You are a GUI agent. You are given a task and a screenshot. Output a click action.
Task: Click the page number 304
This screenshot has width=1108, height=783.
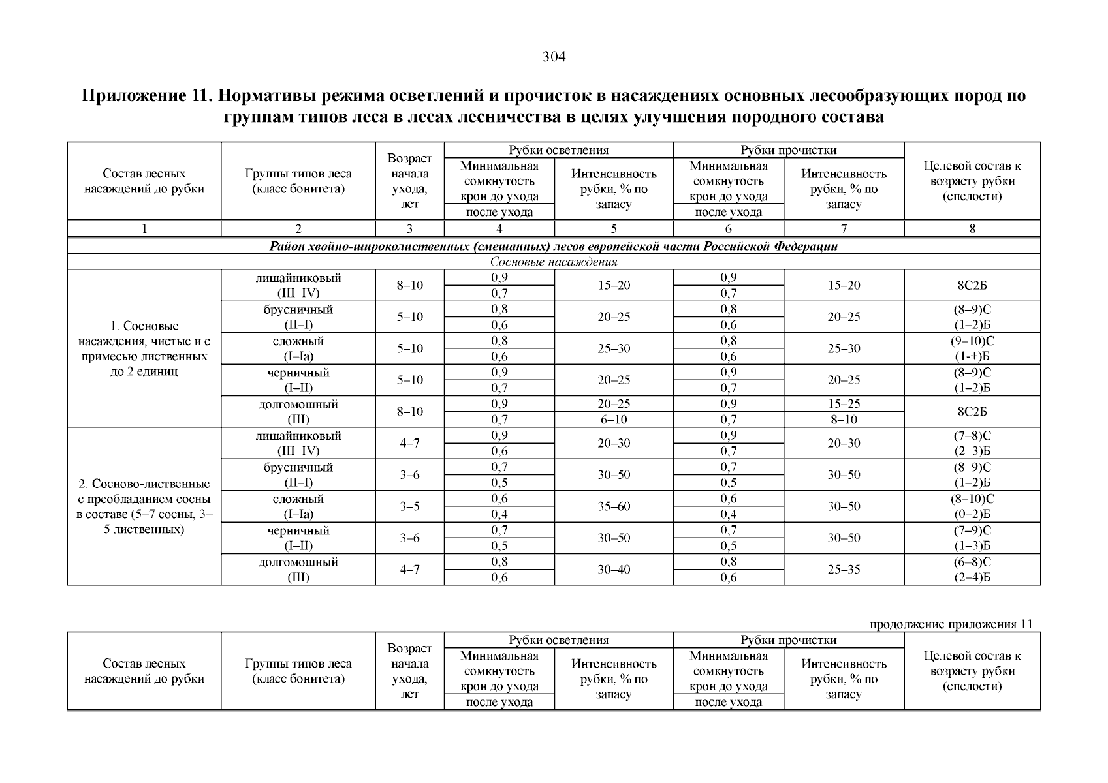click(x=554, y=57)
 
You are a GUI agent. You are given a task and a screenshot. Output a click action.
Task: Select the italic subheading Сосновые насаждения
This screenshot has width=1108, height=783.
click(x=554, y=262)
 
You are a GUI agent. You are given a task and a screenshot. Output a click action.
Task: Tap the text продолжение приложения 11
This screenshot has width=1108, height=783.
click(x=951, y=624)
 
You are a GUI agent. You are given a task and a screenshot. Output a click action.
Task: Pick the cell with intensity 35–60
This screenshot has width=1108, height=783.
click(x=614, y=506)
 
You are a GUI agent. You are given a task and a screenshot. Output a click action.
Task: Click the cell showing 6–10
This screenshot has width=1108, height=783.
click(x=614, y=420)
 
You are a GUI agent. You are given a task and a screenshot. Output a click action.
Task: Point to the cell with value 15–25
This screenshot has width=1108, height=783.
click(x=844, y=404)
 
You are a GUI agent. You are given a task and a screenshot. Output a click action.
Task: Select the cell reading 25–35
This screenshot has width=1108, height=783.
click(x=844, y=570)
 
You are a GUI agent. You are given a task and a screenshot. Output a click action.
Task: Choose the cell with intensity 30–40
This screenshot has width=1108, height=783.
click(x=614, y=570)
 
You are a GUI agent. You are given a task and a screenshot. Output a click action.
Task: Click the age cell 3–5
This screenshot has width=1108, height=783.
click(x=409, y=506)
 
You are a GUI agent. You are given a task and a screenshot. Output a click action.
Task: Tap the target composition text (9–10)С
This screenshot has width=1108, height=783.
click(x=972, y=341)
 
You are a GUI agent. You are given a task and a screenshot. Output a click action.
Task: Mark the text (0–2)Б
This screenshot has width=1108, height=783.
click(x=972, y=514)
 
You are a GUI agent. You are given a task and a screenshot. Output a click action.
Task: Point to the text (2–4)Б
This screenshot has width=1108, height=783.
click(x=972, y=577)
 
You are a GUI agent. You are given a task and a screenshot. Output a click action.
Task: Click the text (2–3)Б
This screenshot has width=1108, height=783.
click(x=972, y=451)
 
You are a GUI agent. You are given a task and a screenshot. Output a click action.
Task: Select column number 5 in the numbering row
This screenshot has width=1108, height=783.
click(x=614, y=229)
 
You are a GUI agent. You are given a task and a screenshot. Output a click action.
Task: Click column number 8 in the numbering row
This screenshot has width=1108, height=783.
click(x=972, y=229)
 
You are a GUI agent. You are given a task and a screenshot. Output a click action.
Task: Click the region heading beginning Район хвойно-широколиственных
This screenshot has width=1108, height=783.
click(x=554, y=247)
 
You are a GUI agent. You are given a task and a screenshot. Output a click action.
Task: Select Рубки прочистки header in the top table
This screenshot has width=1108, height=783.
click(x=788, y=150)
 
